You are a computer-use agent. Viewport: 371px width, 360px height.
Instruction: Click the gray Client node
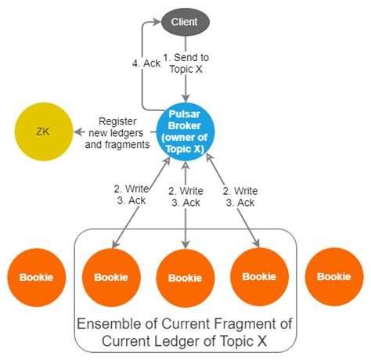185,21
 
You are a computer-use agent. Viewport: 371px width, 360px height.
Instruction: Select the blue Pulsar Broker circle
185,130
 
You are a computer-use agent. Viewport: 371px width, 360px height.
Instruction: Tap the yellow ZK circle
43,130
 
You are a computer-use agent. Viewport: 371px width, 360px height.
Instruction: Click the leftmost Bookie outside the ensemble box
35,277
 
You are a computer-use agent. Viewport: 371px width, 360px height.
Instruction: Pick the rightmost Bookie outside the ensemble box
334,277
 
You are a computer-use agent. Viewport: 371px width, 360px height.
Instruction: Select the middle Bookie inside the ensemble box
185,278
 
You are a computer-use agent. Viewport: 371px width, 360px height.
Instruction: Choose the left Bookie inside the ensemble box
111,277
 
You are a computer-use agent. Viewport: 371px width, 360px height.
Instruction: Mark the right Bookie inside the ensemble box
258,277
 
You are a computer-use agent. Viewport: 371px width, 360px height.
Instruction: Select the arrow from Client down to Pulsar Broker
185,78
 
